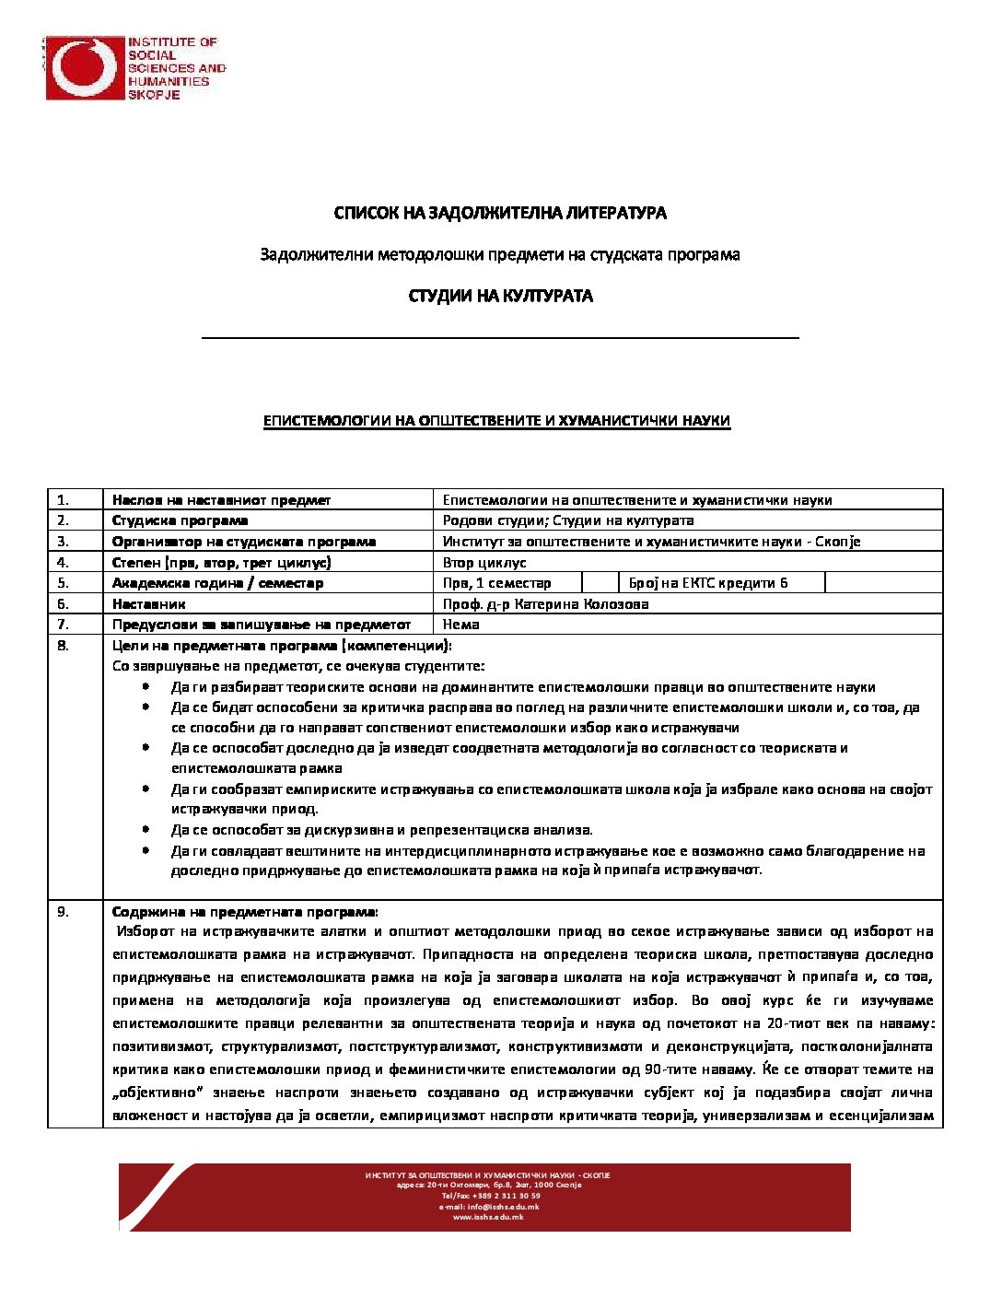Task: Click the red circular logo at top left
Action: coord(85,67)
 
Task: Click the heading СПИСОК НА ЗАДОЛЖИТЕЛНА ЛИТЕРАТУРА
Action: coord(500,213)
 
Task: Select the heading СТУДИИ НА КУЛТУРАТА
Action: coord(500,296)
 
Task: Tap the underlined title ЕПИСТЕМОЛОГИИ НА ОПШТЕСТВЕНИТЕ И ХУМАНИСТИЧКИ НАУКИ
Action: coord(496,421)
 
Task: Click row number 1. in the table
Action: coord(64,500)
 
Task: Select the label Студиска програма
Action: coord(180,520)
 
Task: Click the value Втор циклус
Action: coord(484,562)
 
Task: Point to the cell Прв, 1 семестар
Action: coord(497,582)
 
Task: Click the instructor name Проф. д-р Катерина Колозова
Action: coord(545,604)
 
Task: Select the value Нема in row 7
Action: coord(460,625)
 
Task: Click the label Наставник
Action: coord(149,604)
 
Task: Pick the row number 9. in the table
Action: coord(64,912)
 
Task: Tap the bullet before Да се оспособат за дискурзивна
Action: coord(146,829)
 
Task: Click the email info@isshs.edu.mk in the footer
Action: coord(489,1207)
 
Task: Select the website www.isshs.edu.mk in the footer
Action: coord(488,1217)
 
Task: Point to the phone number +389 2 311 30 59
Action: coord(503,1196)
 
